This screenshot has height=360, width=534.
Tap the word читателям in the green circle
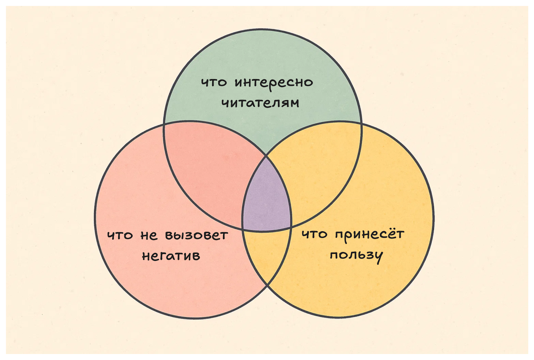[x=260, y=103]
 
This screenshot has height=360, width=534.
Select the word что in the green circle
[x=214, y=82]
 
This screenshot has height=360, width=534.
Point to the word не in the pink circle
[x=149, y=236]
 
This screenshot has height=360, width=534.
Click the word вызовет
[x=197, y=235]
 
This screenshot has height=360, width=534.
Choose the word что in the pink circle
[x=120, y=236]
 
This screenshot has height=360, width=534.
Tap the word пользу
[x=356, y=256]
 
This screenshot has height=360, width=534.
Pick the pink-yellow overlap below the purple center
[x=267, y=254]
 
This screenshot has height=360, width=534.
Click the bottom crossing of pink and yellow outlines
[x=267, y=286]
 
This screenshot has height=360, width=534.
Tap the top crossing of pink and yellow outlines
[x=266, y=155]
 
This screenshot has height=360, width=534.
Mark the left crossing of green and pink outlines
[x=164, y=124]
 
